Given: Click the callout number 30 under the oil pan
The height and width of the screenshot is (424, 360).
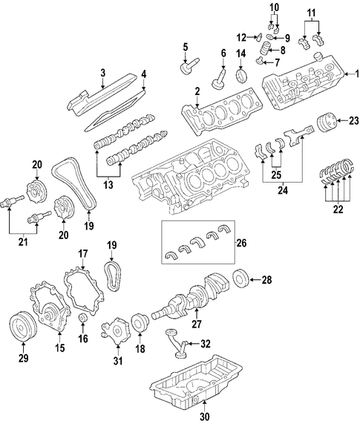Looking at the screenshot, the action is pos(205,417).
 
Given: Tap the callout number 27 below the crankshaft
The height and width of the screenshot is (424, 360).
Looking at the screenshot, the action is pos(197,324).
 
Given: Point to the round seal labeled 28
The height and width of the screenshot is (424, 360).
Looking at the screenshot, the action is pos(240,279).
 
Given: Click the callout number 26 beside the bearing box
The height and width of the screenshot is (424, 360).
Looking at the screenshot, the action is pos(241,243).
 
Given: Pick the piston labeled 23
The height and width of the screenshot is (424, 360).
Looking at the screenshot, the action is pos(326,123).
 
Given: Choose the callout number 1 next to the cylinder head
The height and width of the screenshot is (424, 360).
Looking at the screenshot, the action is pos(357,74).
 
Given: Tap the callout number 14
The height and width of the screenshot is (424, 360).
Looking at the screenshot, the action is pos(241,53).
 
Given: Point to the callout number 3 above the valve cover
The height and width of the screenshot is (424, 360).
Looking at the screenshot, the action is pos(102,73).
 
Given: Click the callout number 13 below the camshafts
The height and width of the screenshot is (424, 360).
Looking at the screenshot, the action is pos(108,185).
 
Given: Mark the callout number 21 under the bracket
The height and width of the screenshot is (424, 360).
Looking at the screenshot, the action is pos(23,241).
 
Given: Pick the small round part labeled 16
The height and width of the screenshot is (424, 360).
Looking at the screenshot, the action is pos(82,318).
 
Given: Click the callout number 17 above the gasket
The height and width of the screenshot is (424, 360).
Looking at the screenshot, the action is pos(83,254).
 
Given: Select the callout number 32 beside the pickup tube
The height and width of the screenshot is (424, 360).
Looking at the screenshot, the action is pos(206,344).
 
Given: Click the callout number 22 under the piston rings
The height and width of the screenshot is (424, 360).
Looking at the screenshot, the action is pos(338,209).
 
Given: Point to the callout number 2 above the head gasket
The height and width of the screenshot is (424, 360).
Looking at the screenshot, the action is pos(197,91).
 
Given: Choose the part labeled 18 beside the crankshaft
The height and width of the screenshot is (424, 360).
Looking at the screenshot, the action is pos(140,322).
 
